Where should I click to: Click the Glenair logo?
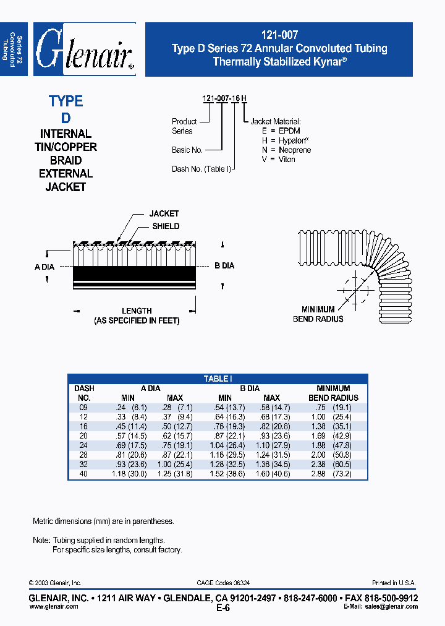coord(85,49)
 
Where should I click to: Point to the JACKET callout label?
coord(164,214)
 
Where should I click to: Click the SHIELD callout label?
coord(166,226)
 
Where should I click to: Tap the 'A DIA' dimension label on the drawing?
coord(44,267)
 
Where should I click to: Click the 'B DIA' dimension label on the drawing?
coord(224,266)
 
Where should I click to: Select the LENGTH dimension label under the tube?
coord(137,311)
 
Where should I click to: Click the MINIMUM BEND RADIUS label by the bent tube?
coord(318,314)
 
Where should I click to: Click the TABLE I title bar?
coord(218,379)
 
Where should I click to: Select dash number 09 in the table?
coord(83,408)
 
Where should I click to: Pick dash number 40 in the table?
coord(83,474)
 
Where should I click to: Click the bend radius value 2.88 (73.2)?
coord(333,474)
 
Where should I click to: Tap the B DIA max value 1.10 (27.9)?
coord(271,445)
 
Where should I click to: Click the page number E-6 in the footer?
coord(223,608)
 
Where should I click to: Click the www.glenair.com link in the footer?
coord(54,607)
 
